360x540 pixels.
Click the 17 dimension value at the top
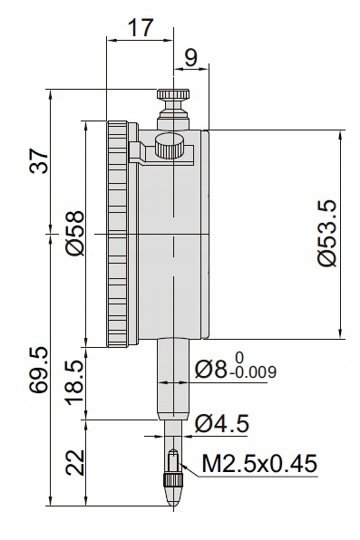(x=141, y=28)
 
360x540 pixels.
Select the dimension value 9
(x=190, y=57)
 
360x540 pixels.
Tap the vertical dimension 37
(x=39, y=161)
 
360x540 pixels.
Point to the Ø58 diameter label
(x=75, y=233)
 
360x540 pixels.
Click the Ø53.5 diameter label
(x=326, y=233)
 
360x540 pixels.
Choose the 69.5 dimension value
(x=38, y=371)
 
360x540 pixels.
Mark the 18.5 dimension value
(x=74, y=382)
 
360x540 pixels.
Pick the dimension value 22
(x=75, y=462)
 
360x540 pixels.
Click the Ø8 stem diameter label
(x=211, y=369)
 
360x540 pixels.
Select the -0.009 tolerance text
(x=253, y=372)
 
